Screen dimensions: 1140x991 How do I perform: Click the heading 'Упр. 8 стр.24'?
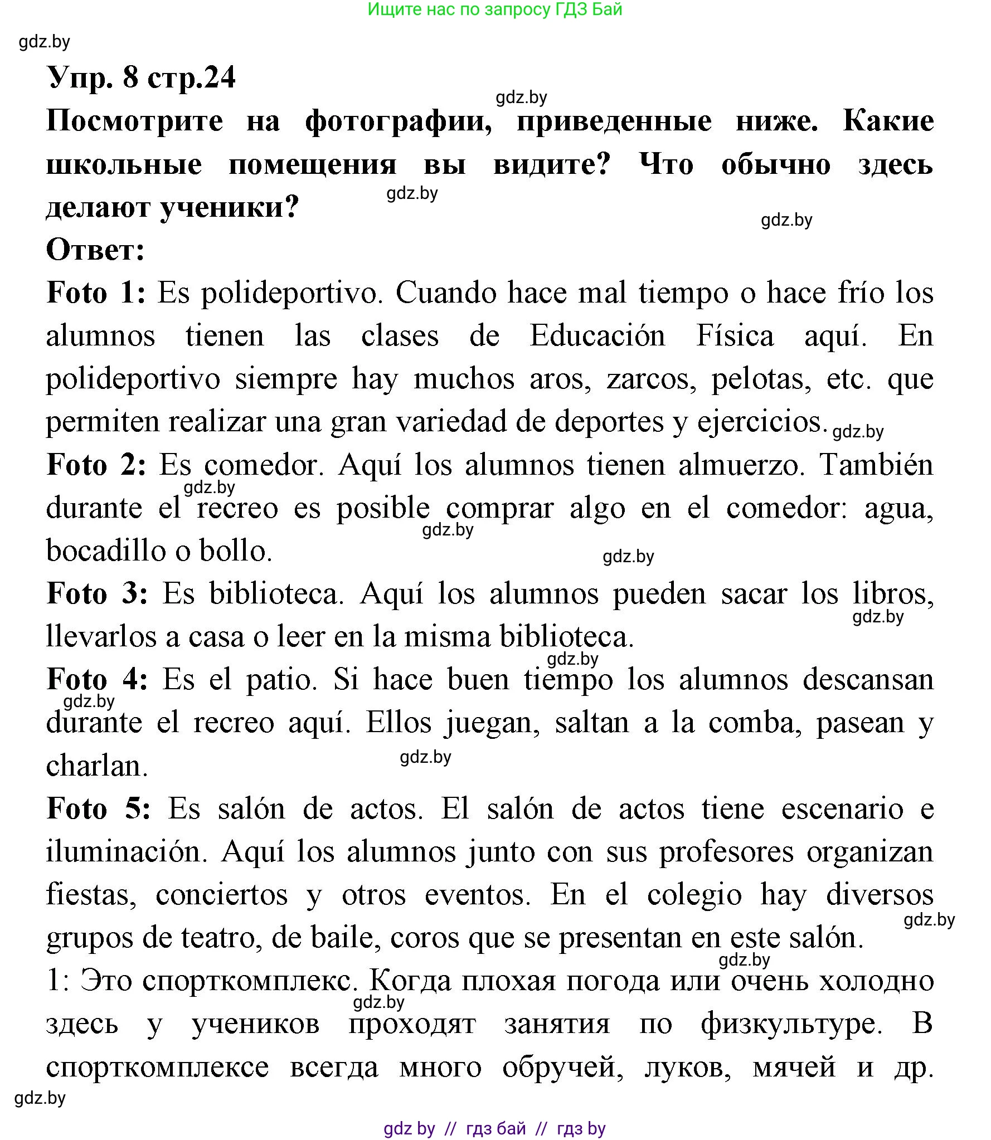click(x=142, y=77)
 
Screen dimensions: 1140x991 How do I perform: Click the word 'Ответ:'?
click(x=95, y=250)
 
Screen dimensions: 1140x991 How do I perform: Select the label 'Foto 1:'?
click(x=96, y=293)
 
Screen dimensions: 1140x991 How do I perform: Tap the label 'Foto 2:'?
click(x=96, y=465)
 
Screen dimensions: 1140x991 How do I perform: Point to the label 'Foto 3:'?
click(x=97, y=593)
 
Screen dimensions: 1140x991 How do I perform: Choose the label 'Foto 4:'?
click(x=97, y=680)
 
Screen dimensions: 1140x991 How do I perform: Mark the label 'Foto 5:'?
click(x=98, y=808)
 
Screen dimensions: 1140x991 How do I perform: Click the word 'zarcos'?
click(x=650, y=379)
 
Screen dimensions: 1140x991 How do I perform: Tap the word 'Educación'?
click(x=597, y=336)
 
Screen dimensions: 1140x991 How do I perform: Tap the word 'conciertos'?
click(x=221, y=895)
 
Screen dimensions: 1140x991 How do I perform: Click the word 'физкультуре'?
click(x=789, y=1024)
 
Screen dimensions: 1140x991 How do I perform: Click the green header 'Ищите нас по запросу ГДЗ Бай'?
click(x=495, y=9)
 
